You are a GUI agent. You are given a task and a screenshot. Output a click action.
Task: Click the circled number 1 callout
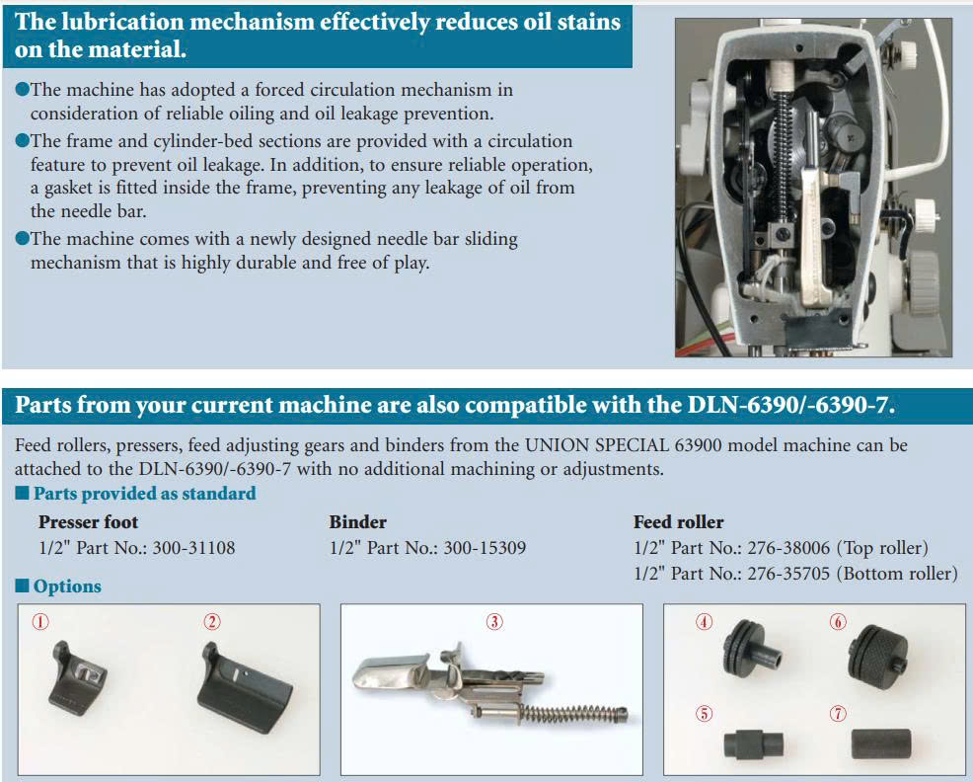(x=40, y=622)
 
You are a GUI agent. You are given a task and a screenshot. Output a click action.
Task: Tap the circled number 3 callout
(x=494, y=622)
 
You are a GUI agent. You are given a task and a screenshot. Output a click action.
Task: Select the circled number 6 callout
(x=838, y=622)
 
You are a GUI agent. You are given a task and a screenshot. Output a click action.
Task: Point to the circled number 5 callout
(x=704, y=714)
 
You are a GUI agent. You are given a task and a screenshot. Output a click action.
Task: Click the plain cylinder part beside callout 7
(x=881, y=743)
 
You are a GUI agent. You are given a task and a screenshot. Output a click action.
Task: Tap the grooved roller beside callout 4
(x=751, y=652)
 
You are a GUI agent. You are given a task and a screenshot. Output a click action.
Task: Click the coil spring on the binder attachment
(x=571, y=714)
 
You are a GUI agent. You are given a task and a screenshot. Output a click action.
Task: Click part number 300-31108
(x=193, y=548)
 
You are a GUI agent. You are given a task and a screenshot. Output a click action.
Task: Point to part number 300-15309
(x=485, y=548)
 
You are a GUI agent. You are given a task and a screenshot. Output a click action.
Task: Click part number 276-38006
(x=788, y=548)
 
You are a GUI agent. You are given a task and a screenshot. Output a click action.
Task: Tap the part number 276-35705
(x=788, y=574)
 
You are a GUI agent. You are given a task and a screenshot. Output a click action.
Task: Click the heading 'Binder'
(x=358, y=521)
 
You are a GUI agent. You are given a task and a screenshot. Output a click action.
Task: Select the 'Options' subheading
(x=67, y=586)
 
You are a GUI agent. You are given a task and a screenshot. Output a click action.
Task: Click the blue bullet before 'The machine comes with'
(x=23, y=239)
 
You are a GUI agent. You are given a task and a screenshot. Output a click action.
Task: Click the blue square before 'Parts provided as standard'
(x=23, y=493)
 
